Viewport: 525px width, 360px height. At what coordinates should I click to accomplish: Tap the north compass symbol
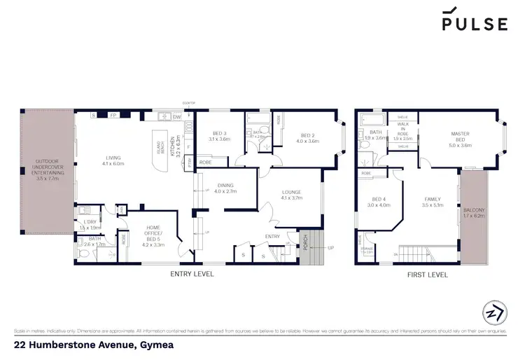tap(493, 311)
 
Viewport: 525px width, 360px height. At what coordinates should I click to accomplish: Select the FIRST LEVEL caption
tap(427, 275)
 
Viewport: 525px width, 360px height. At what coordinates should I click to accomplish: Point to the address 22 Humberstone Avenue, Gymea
tap(94, 345)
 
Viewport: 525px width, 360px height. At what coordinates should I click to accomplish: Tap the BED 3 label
tap(219, 135)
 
